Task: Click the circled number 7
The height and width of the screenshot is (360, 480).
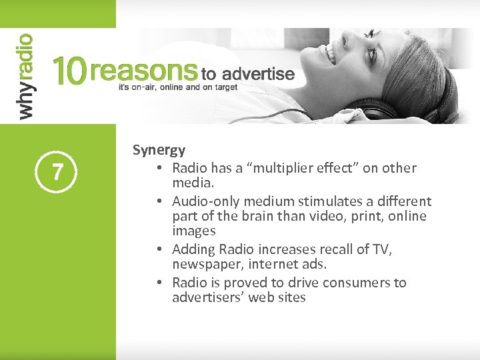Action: (58, 173)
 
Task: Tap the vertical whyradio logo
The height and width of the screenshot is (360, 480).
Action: (25, 77)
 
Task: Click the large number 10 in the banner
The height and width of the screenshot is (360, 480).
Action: (69, 72)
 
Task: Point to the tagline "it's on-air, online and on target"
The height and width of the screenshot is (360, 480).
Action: (177, 87)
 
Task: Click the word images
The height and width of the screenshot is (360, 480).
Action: (193, 231)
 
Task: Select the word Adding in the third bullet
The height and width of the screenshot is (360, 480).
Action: (193, 249)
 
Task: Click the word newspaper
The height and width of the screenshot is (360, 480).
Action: (203, 265)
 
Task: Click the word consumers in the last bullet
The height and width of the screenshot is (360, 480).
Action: (347, 283)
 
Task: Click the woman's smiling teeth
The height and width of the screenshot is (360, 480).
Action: (329, 53)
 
